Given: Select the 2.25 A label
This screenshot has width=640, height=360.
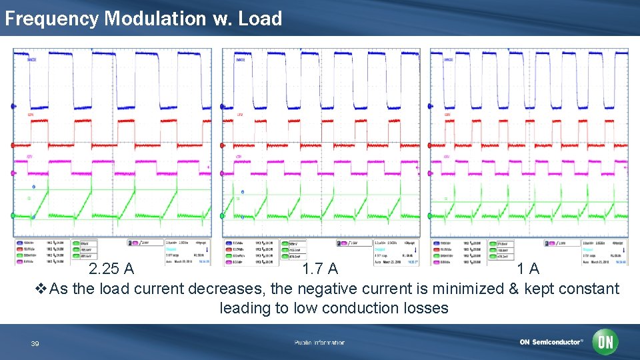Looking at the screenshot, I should point(112,269).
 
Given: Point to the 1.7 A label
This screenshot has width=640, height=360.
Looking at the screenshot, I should point(319,269).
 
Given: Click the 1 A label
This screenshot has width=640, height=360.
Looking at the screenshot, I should point(529,269).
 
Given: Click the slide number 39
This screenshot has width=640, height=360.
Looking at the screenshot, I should point(35,343).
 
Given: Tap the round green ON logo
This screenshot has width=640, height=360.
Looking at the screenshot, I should point(606,342).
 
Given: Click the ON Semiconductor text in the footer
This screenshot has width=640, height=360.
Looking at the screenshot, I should point(551,343).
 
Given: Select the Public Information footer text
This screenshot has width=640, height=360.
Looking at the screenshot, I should point(319,343).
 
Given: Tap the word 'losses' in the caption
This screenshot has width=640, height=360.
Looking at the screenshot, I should point(426,308).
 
